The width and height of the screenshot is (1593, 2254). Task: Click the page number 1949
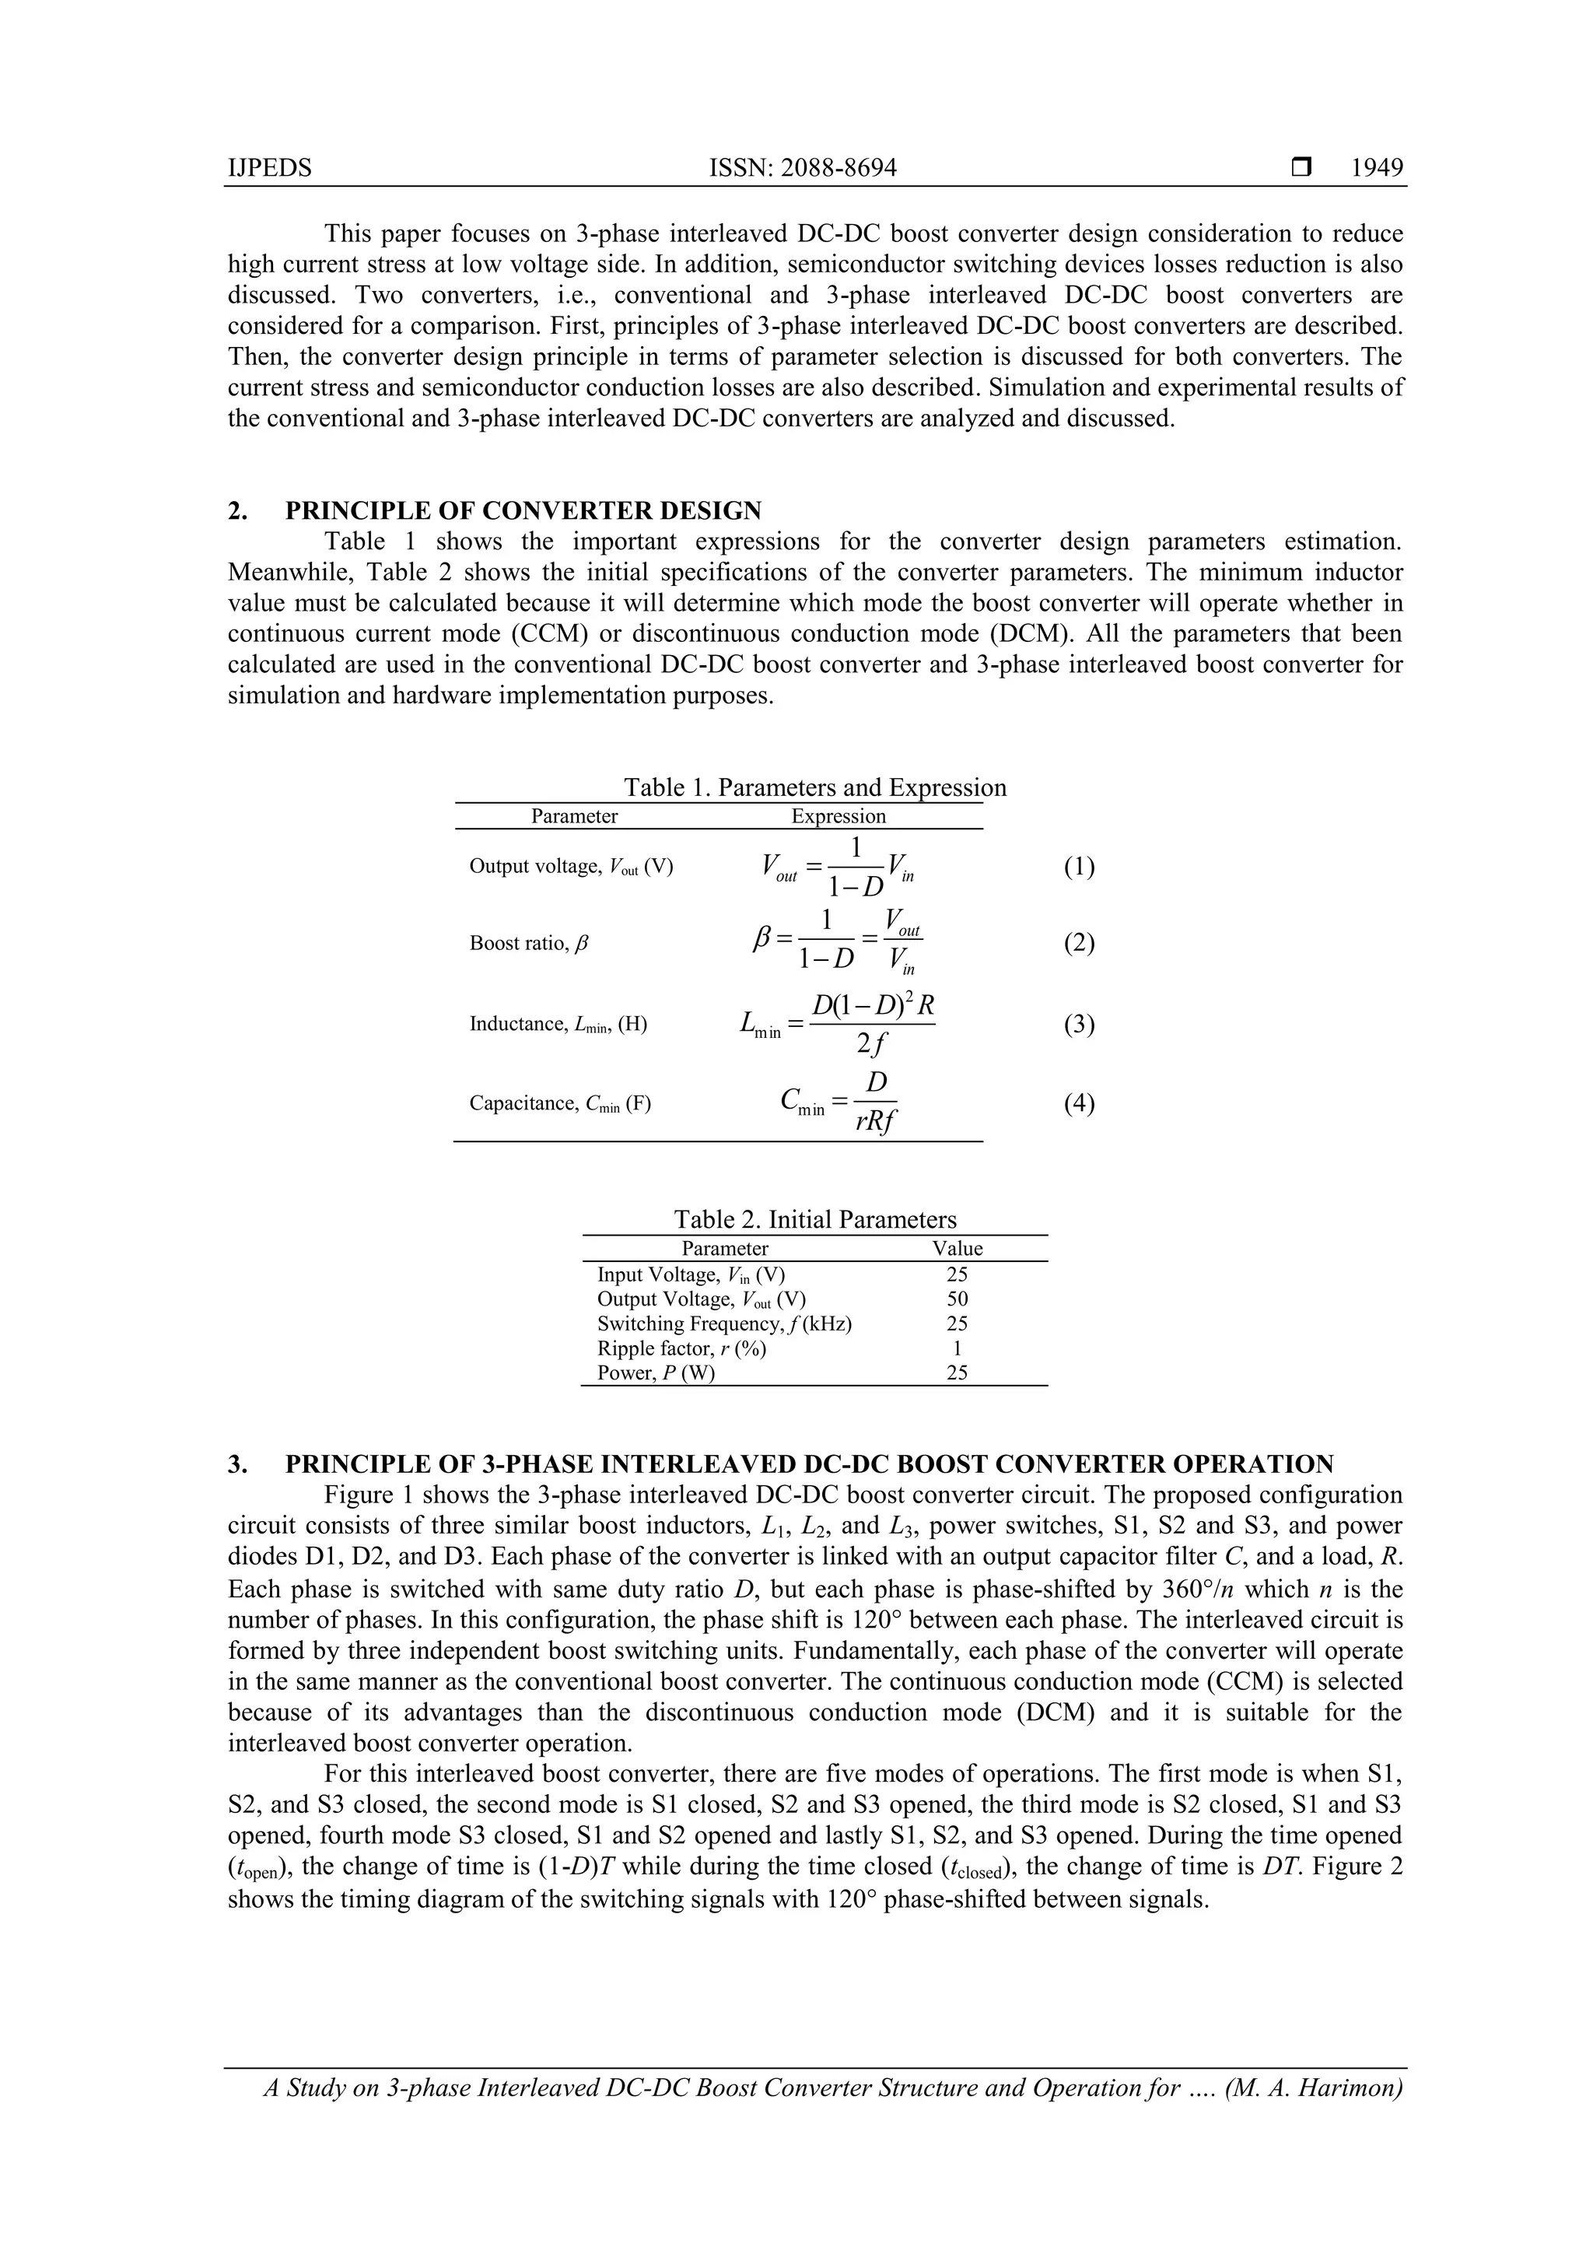coord(1376,168)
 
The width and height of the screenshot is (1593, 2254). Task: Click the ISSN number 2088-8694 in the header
coord(802,168)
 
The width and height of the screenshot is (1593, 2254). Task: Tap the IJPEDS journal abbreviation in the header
coord(269,168)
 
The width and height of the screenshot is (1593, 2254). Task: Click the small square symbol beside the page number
coord(1301,168)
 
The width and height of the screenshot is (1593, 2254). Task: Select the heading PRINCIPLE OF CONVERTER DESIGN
coord(523,510)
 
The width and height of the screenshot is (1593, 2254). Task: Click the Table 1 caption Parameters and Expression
coord(814,787)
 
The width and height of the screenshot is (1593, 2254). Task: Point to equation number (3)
coord(1079,1024)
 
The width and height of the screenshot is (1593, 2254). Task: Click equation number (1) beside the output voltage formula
coord(1079,867)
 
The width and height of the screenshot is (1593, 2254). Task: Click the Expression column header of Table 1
coord(839,816)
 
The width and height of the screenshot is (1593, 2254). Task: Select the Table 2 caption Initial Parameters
coord(814,1219)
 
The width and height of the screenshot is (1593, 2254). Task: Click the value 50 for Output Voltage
coord(957,1299)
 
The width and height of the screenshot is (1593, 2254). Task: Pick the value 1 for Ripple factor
coord(957,1348)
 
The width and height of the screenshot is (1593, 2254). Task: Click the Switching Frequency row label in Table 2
coord(724,1323)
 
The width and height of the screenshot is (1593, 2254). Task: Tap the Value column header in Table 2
coord(957,1249)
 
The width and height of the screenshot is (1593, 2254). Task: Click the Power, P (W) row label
coord(656,1372)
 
